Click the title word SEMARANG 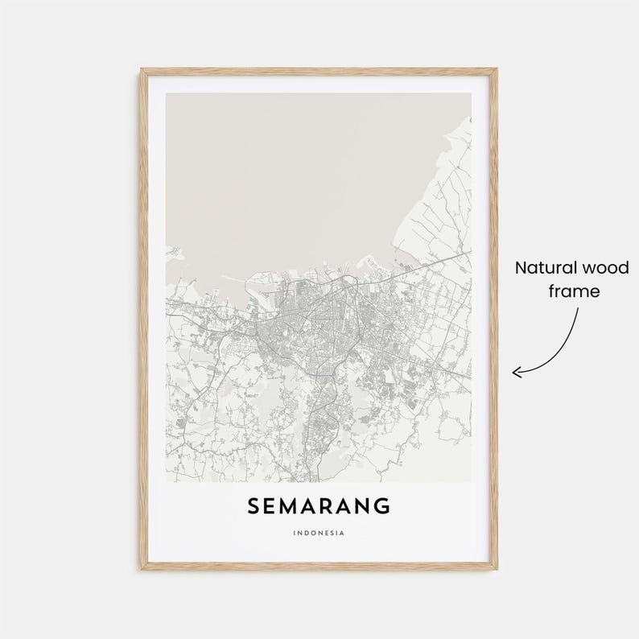click(319, 506)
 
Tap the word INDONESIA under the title click(319, 532)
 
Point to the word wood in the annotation click(607, 268)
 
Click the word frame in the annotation click(574, 291)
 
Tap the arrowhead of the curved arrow click(517, 371)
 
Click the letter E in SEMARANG click(271, 506)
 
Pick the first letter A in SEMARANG click(311, 506)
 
